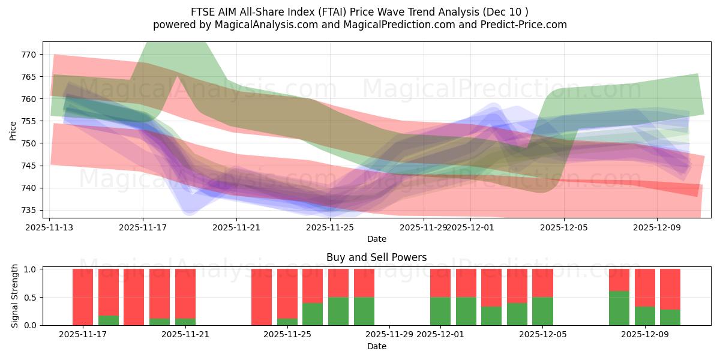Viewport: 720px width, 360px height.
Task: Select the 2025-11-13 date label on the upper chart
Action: [49, 227]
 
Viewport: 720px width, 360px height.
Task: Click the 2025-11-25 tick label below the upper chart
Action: [330, 227]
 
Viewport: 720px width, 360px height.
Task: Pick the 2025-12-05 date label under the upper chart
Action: [563, 227]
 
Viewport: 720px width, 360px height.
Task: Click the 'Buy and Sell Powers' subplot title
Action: [376, 257]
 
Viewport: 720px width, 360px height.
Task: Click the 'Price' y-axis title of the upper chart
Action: [13, 130]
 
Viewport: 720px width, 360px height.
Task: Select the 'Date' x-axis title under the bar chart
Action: [376, 346]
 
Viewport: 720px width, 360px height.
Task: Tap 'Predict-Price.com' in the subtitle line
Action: [525, 25]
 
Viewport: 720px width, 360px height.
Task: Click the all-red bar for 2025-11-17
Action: [83, 297]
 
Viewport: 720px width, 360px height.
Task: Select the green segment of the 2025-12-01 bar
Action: [440, 311]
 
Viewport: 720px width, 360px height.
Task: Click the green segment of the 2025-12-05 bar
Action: [542, 311]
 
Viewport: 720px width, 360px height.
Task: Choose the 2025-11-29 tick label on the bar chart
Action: [390, 334]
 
